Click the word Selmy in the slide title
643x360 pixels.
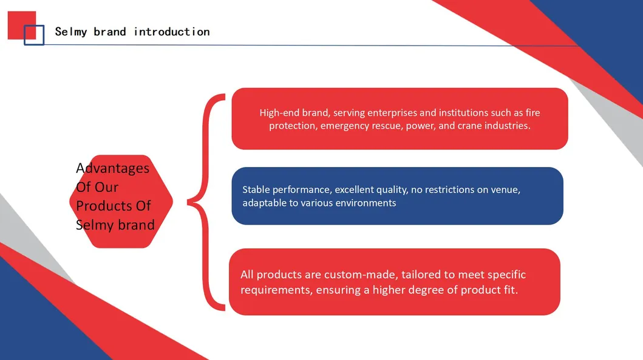click(x=70, y=32)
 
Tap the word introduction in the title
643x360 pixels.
click(x=171, y=32)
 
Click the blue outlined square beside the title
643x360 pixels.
click(x=34, y=35)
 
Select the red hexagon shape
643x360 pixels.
click(x=121, y=202)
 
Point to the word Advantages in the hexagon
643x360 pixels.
click(x=112, y=168)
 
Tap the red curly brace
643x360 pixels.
click(x=206, y=202)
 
